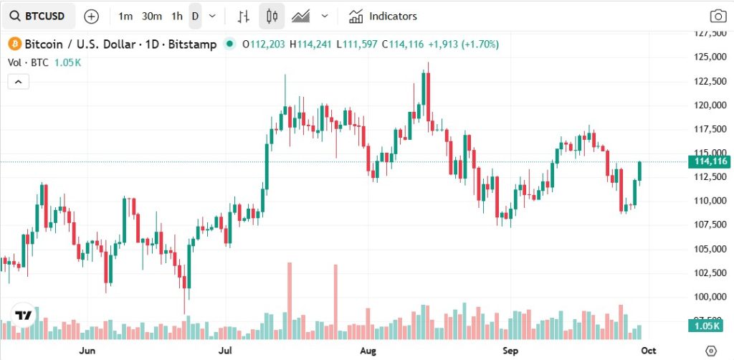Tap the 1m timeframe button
pos(125,16)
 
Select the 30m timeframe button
pos(151,16)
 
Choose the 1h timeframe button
pos(176,16)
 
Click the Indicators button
pos(383,16)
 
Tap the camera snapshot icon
pos(718,16)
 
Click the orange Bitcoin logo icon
pos(14,44)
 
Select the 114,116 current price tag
pos(710,162)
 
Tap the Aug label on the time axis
pos(368,351)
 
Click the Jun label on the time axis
pos(87,351)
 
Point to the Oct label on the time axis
pos(648,351)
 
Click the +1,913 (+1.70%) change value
pos(463,44)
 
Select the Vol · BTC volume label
pos(28,62)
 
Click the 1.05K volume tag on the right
pos(710,326)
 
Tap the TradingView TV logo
pos(24,316)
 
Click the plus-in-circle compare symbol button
pos(92,16)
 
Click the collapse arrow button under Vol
pos(18,82)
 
